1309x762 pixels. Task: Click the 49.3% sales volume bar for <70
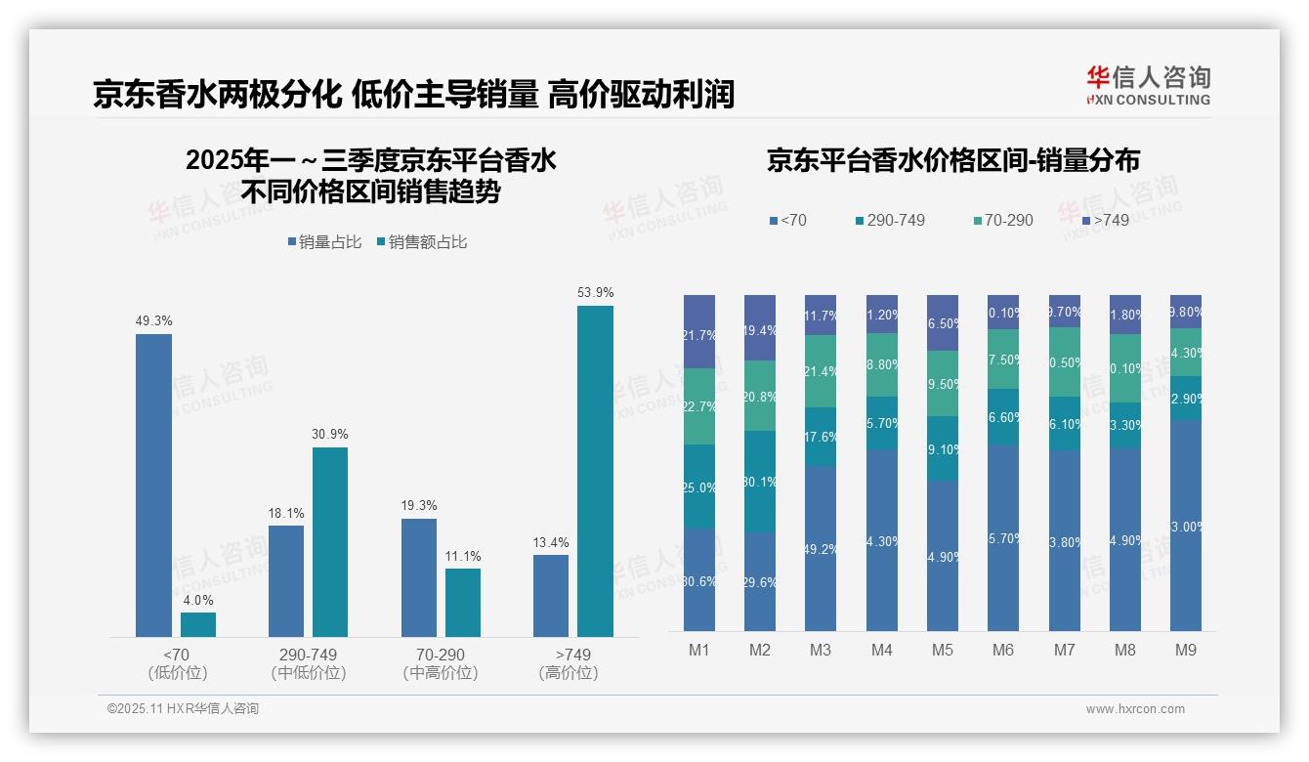click(x=153, y=486)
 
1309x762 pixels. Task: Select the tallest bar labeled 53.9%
click(x=595, y=471)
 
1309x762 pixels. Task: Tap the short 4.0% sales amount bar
click(x=198, y=624)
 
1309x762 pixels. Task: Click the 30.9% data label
click(x=330, y=434)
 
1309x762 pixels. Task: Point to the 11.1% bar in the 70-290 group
click(x=463, y=603)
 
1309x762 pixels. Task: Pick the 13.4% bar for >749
click(x=551, y=596)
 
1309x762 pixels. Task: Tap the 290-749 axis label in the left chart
click(x=309, y=654)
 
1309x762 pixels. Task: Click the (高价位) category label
click(x=568, y=673)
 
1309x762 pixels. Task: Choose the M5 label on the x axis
click(x=942, y=650)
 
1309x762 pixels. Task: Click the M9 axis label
click(x=1185, y=650)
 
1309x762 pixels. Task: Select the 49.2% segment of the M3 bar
click(x=821, y=548)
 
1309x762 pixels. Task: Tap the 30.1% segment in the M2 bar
click(x=760, y=481)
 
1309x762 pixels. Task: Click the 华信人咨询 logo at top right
click(x=1148, y=85)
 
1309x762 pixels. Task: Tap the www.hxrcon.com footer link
click(x=1135, y=709)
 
